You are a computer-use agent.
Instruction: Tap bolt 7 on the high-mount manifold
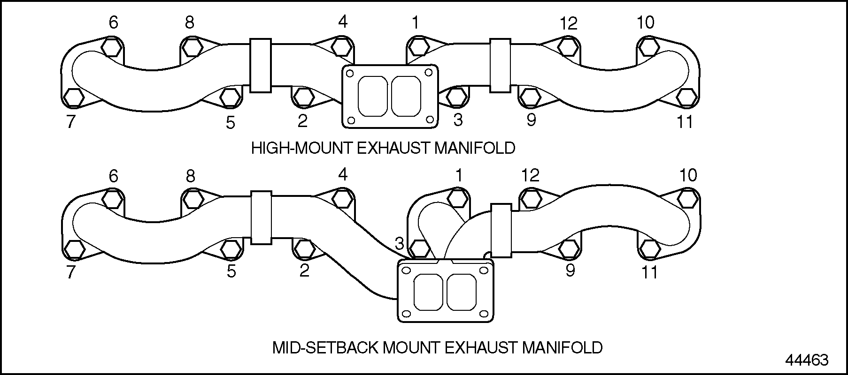click(73, 97)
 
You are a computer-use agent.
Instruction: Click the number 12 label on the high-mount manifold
click(568, 22)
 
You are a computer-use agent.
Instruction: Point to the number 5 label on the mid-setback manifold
click(231, 271)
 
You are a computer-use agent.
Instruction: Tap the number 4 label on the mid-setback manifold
click(343, 175)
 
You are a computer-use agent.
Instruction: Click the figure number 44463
click(807, 360)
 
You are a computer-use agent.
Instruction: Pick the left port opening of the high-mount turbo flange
click(372, 96)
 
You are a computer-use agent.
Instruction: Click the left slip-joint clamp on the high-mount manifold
click(261, 66)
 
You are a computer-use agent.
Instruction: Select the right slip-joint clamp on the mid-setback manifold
click(501, 230)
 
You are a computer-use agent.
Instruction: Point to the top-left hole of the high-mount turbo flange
click(350, 73)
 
